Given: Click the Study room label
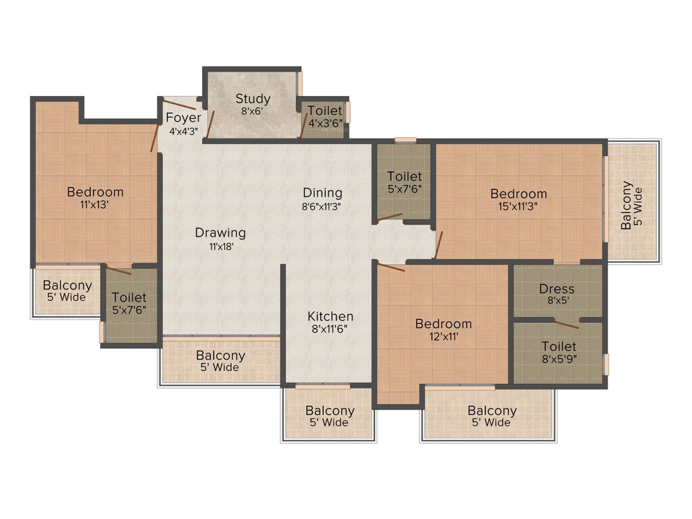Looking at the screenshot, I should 253,99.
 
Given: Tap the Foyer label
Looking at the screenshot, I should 183,118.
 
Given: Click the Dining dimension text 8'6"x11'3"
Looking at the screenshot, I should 322,207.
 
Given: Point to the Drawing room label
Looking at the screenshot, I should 220,233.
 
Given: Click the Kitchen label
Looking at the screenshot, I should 330,316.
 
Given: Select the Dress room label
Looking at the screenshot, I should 557,289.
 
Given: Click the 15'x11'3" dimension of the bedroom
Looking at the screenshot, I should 519,207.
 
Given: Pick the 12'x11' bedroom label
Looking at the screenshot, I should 443,324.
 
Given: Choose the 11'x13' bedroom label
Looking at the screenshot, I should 95,193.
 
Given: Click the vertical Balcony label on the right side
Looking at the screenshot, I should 628,205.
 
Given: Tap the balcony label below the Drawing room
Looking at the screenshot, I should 221,355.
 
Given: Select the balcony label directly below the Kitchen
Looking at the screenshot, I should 330,411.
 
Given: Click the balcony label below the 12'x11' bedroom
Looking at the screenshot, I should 492,411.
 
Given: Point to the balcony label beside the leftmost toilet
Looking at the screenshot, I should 68,287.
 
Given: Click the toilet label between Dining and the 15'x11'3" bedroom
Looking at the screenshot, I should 404,177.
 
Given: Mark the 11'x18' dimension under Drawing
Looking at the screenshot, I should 220,247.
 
